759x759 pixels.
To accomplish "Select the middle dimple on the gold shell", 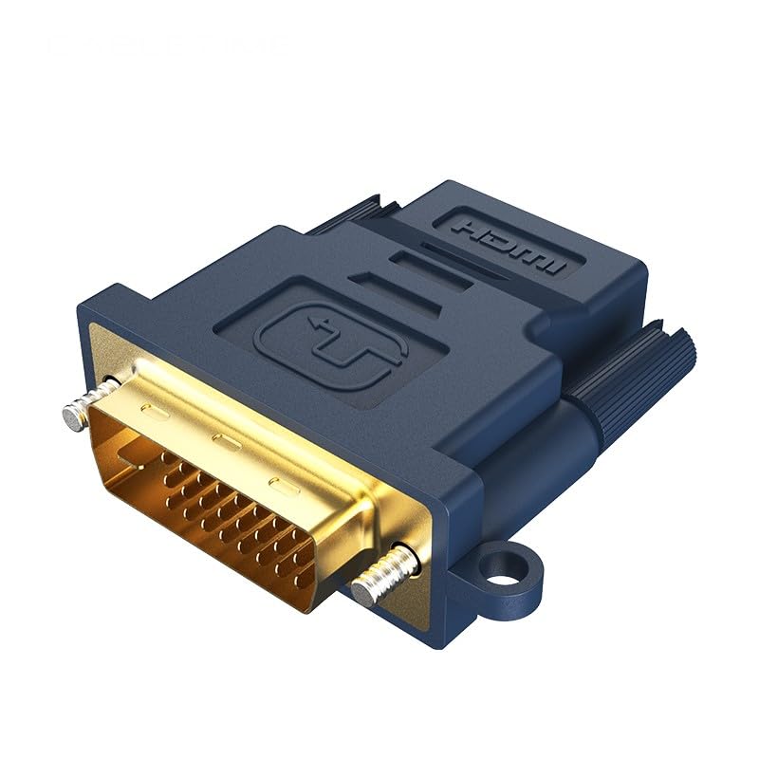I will point(222,441).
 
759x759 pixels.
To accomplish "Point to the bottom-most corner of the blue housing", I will point(446,645).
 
